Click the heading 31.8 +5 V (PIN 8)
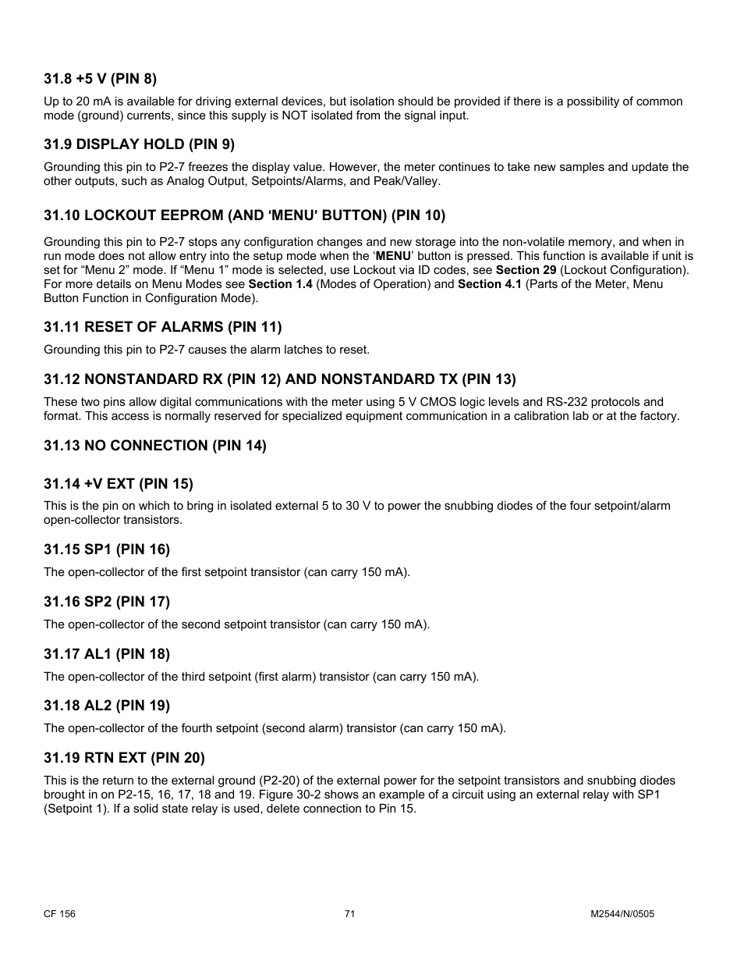[100, 79]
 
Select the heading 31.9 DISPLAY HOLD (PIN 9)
[139, 144]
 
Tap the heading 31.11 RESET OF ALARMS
[162, 327]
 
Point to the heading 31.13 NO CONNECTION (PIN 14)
[154, 446]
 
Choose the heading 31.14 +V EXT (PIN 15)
[118, 484]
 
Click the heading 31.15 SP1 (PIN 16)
[106, 550]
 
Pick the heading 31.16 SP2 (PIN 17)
[106, 602]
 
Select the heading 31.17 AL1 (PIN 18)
[106, 654]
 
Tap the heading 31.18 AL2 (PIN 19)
[106, 706]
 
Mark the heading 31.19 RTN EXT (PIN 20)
[124, 758]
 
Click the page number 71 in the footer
[349, 914]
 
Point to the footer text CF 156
[59, 914]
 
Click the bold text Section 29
[526, 270]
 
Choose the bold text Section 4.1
[489, 284]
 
